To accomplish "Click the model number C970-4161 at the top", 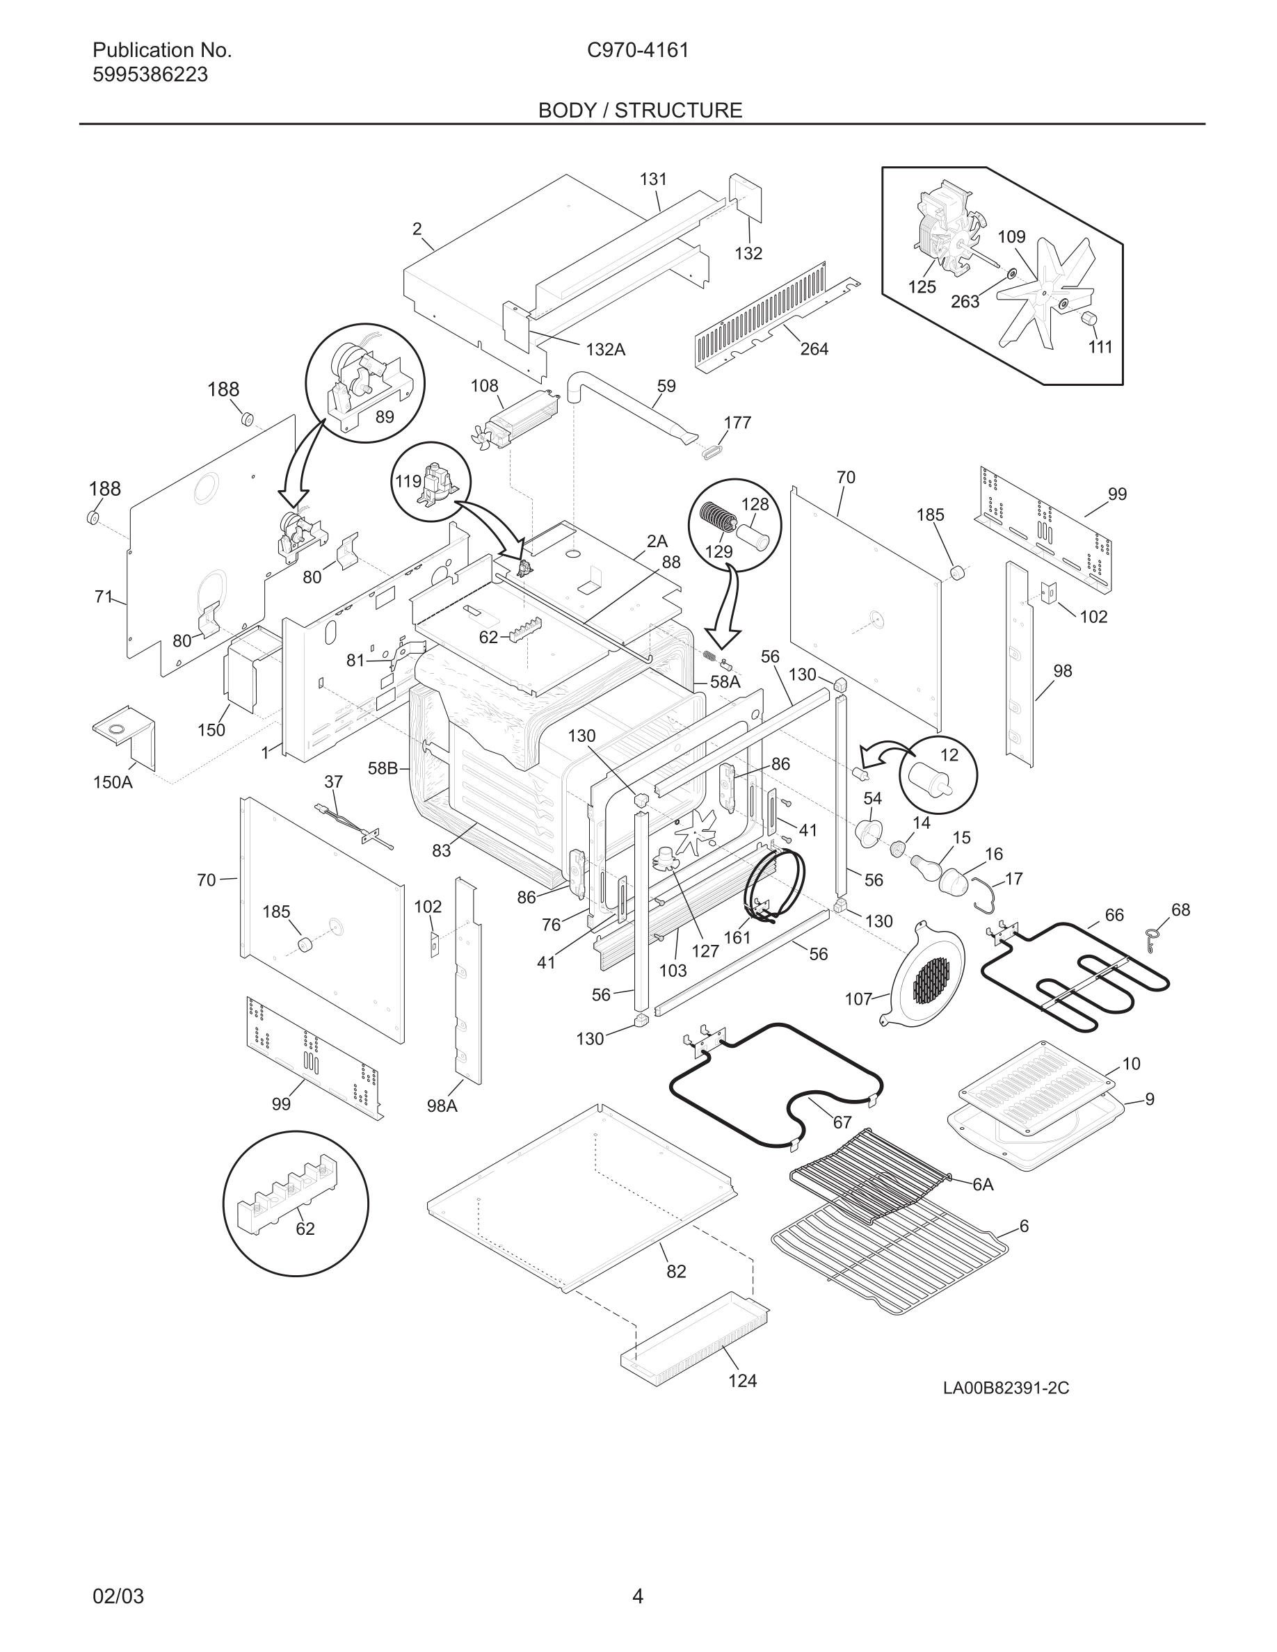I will point(638,51).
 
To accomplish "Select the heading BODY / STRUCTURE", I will point(639,111).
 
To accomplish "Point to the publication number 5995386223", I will point(150,75).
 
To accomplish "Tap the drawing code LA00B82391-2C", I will point(1006,1388).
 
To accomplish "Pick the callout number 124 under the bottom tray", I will point(741,1380).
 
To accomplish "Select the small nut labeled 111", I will point(1089,318).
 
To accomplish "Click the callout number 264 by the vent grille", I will point(814,349).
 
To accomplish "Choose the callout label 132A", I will point(605,350).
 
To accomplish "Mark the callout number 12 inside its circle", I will point(949,755).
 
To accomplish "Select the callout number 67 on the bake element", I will point(842,1122).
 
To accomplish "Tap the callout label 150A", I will point(113,782).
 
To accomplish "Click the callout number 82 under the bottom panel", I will point(675,1272).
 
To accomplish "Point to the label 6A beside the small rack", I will point(982,1185).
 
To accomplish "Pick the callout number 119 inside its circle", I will point(407,481).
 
